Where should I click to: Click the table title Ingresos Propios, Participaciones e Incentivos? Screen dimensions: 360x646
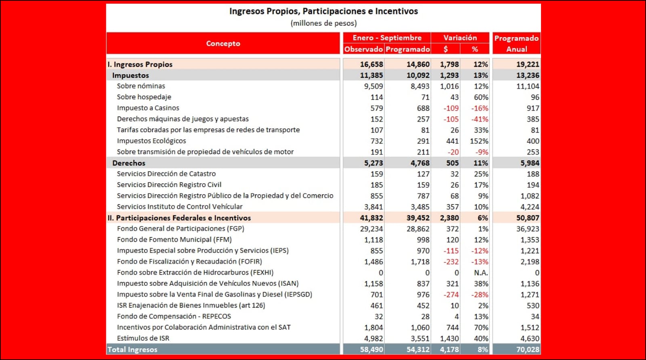(x=323, y=11)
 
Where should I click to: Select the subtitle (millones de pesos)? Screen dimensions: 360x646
(x=323, y=23)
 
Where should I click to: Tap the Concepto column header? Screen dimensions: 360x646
(x=223, y=43)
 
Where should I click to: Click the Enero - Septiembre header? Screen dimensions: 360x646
(x=387, y=38)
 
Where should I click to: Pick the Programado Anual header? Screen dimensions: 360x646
(x=516, y=43)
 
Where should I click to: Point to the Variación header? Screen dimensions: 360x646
(x=460, y=38)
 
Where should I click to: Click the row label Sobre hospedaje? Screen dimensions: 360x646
(x=144, y=97)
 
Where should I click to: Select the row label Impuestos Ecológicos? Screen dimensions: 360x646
(x=151, y=141)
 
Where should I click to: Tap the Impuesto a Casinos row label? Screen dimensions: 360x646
(x=148, y=108)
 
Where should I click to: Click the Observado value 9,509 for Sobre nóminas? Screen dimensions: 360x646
(x=373, y=86)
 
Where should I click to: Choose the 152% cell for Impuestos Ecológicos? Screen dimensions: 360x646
(x=479, y=141)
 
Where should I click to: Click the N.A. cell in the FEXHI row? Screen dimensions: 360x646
(x=481, y=272)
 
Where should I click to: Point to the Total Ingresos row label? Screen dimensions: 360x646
(x=132, y=350)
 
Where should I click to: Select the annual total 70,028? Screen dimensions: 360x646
(x=528, y=350)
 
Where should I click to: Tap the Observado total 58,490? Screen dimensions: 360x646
(x=371, y=350)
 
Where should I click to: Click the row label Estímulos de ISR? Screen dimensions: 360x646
(x=143, y=338)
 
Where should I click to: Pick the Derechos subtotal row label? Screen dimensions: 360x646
(x=128, y=163)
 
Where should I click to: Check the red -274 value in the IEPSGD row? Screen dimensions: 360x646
(x=451, y=295)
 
